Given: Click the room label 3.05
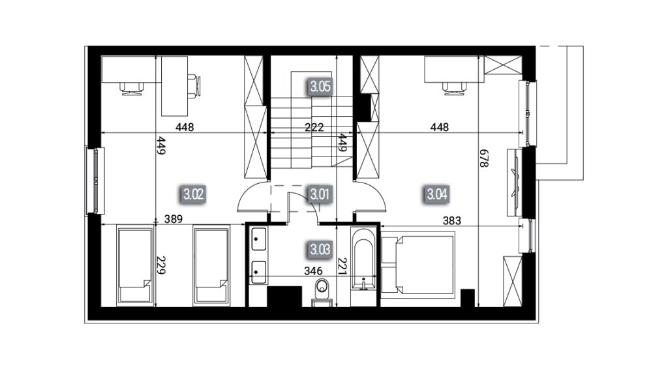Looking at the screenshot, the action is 320,87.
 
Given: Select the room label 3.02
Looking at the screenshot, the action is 193,194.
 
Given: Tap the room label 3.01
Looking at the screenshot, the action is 320,194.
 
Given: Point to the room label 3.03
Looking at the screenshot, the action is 320,249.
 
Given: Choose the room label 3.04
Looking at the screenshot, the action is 437,194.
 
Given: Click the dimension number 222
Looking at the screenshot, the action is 314,127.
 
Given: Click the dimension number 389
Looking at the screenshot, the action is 174,219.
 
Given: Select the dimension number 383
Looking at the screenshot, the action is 451,220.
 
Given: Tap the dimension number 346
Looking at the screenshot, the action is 313,271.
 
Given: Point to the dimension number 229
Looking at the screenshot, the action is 160,265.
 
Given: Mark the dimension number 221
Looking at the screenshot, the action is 342,267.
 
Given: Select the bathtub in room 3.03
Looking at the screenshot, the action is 363,266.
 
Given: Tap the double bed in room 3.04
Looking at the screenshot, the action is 418,263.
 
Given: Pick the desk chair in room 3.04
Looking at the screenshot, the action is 455,88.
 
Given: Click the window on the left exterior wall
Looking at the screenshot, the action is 95,181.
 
